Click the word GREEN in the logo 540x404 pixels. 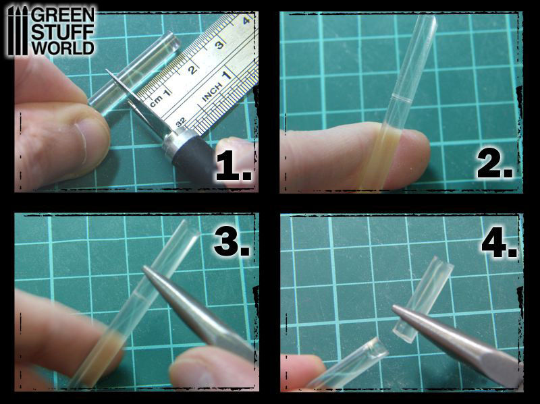pos(63,15)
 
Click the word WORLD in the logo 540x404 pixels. pos(63,47)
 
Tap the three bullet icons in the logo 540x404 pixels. pos(18,31)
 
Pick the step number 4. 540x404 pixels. pos(500,243)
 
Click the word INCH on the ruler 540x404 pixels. pos(211,92)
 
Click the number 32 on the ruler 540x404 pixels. pos(181,121)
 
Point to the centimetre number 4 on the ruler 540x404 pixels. pos(246,21)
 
